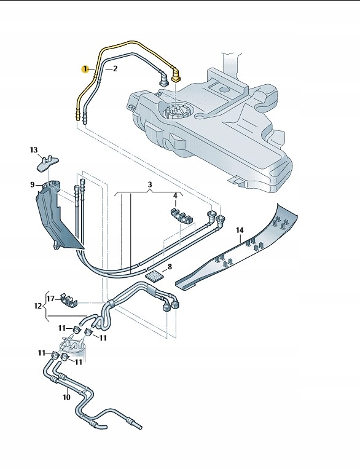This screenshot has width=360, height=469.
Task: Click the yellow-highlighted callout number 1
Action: (87, 69)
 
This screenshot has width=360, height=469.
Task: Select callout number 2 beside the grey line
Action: (114, 69)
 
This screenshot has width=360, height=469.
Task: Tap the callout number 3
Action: (149, 184)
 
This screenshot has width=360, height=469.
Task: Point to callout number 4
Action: (175, 196)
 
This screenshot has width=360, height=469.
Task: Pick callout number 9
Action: (32, 184)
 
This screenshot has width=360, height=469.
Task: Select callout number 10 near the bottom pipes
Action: (66, 397)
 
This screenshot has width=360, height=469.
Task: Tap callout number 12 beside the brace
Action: (38, 305)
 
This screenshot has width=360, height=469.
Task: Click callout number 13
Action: (34, 149)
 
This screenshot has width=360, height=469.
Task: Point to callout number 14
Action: (240, 230)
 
